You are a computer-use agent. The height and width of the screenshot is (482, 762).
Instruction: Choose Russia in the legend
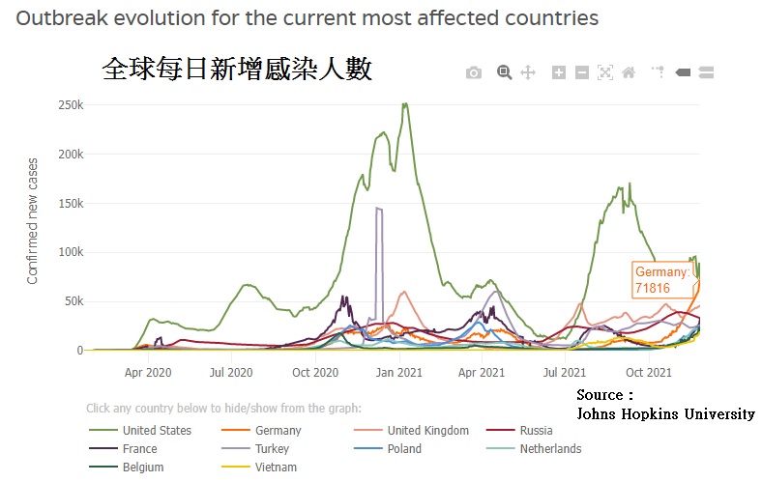[x=536, y=431]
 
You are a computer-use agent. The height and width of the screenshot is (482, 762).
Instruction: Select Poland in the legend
[x=404, y=449]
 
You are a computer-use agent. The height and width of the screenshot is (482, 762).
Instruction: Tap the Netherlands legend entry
[x=550, y=449]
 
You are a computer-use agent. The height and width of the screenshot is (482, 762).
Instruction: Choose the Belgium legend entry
[x=143, y=468]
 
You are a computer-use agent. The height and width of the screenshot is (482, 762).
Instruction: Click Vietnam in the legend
[x=276, y=468]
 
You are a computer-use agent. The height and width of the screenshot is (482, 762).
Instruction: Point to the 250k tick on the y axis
[x=71, y=105]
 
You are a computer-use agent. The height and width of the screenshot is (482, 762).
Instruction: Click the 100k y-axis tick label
[x=71, y=252]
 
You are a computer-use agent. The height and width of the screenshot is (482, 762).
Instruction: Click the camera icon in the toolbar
[x=473, y=72]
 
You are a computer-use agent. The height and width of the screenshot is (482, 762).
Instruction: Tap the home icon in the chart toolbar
[x=629, y=72]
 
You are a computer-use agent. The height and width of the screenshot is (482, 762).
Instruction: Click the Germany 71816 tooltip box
[x=662, y=280]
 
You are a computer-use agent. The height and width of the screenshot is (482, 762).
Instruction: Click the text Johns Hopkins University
[x=665, y=413]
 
